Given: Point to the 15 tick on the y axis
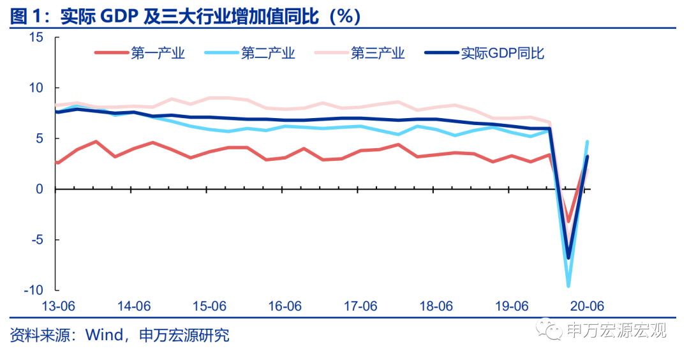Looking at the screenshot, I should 36,38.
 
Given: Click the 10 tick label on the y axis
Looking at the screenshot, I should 36,88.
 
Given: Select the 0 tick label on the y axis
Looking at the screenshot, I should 40,190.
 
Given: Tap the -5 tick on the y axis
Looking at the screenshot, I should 36,240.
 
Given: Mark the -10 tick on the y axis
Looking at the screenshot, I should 33,290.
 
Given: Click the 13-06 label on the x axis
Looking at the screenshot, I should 59,306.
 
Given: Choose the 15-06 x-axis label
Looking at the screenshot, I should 210,306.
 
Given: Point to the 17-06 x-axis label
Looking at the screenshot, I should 360,306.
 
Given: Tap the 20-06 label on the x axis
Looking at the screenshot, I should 586,306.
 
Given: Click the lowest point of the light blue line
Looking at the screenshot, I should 568,286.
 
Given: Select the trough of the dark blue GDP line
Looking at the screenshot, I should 568,258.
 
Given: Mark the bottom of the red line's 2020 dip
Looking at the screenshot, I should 568,221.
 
